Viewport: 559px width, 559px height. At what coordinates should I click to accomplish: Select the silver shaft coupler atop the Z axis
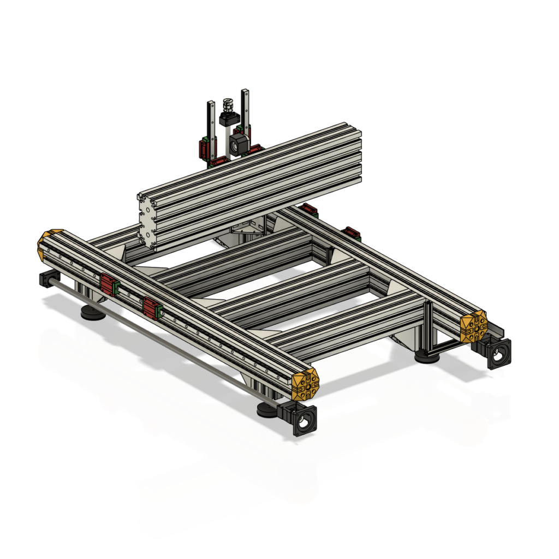(228, 105)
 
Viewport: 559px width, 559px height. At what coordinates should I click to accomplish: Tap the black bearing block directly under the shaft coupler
(228, 119)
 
